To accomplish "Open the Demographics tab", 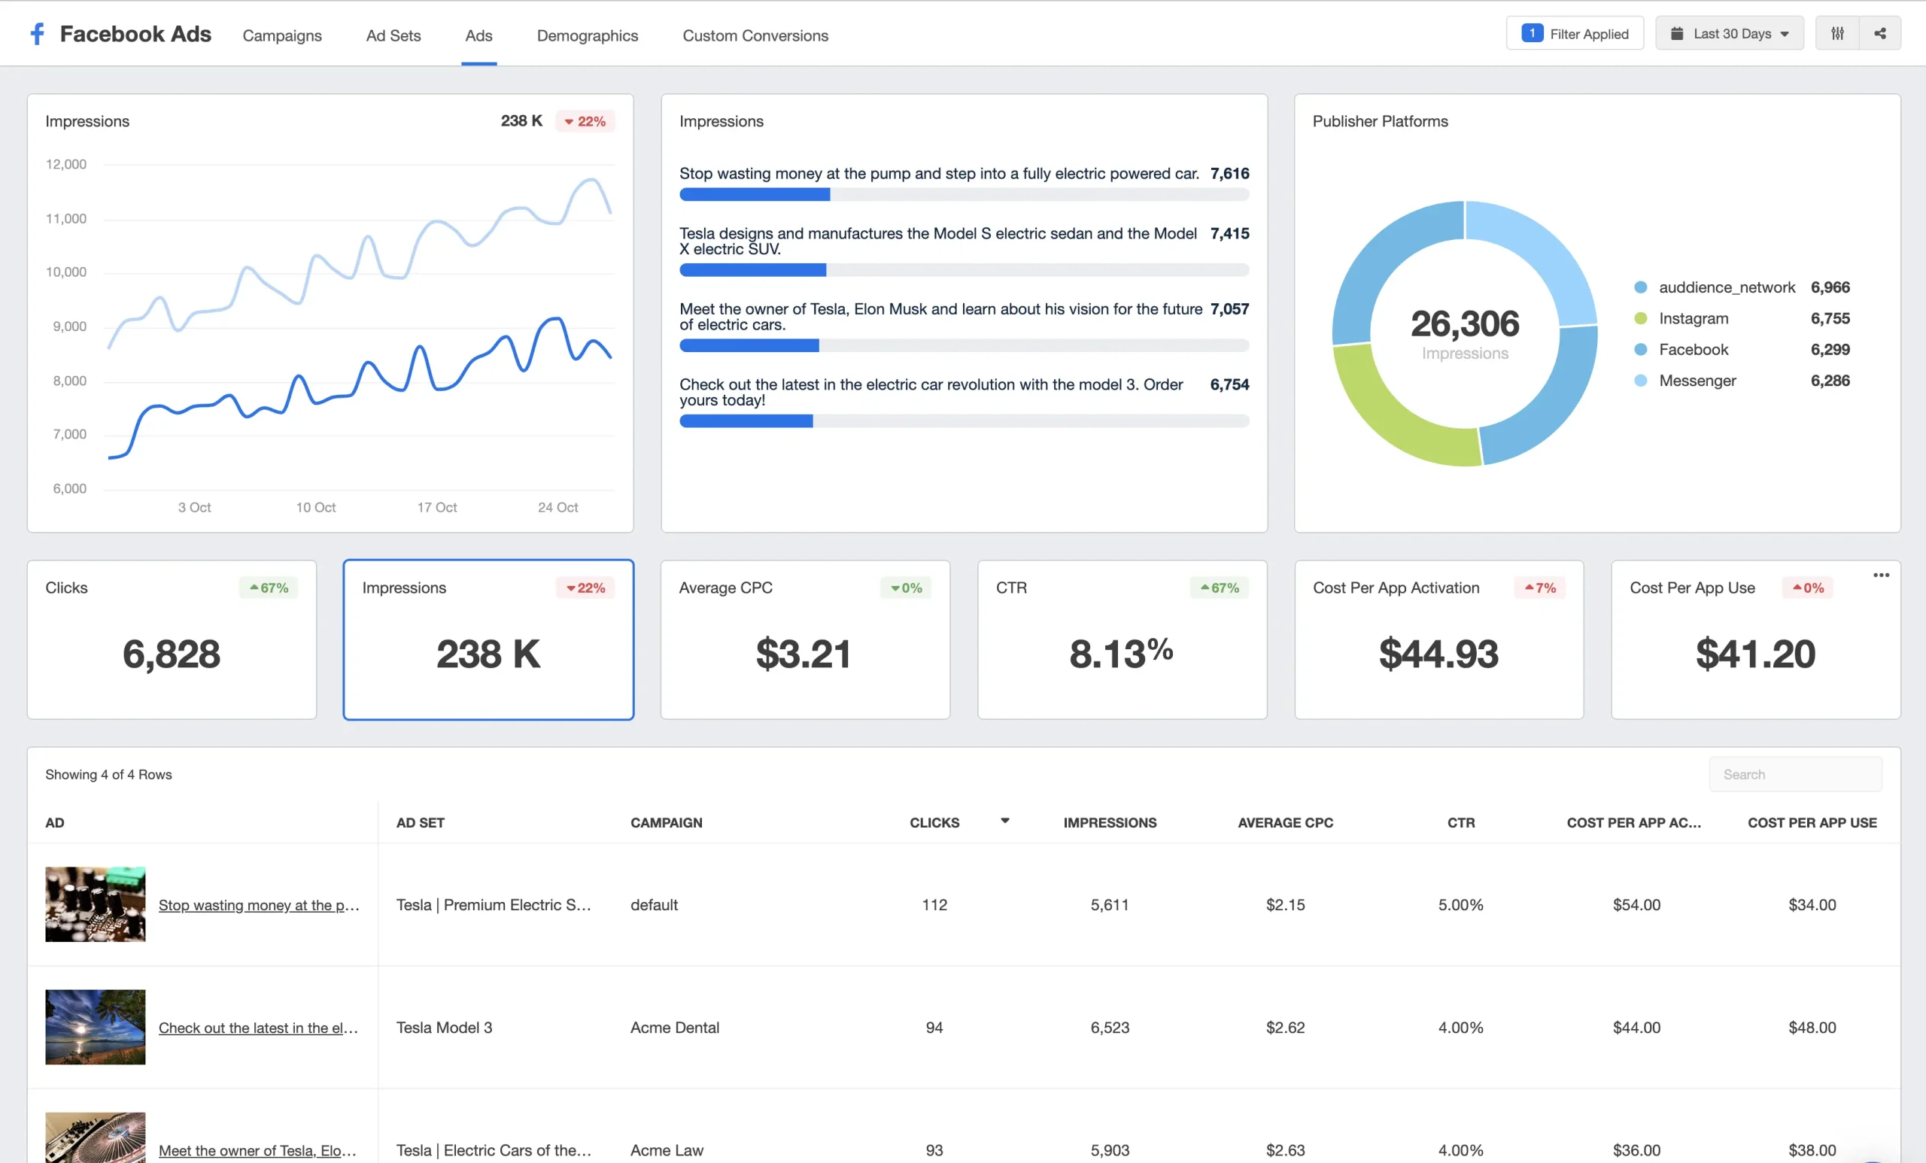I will coord(587,35).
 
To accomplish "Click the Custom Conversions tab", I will coord(755,35).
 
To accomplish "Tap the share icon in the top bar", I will coord(1879,34).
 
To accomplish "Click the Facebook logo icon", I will coord(37,34).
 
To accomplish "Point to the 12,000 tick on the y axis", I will coord(66,164).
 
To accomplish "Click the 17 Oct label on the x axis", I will coord(436,507).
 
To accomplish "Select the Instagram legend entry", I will coord(1693,318).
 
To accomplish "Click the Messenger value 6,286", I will coord(1829,381).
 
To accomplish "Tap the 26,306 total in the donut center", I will coord(1464,323).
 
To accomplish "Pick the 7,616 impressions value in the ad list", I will coord(1229,174).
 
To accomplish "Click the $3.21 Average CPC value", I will coord(803,654).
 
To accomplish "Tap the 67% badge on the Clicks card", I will coord(269,588).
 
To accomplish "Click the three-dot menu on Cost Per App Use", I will coord(1881,575).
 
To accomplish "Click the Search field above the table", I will coord(1794,775).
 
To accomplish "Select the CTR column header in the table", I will coord(1460,822).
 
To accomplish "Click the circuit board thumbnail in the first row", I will coord(96,904).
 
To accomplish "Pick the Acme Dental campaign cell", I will coord(675,1027).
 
